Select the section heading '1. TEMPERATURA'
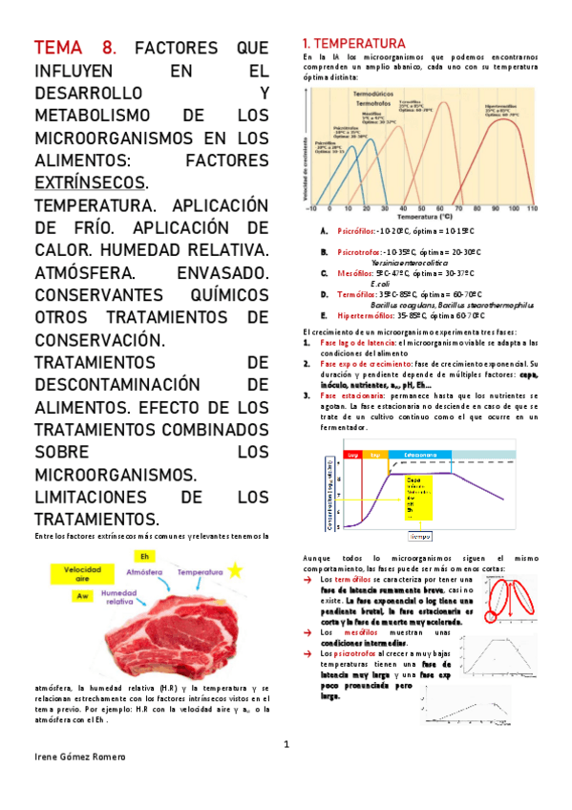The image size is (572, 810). coord(353,44)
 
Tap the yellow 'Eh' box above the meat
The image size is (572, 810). coord(144,556)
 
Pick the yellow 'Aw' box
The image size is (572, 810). coord(82,595)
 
